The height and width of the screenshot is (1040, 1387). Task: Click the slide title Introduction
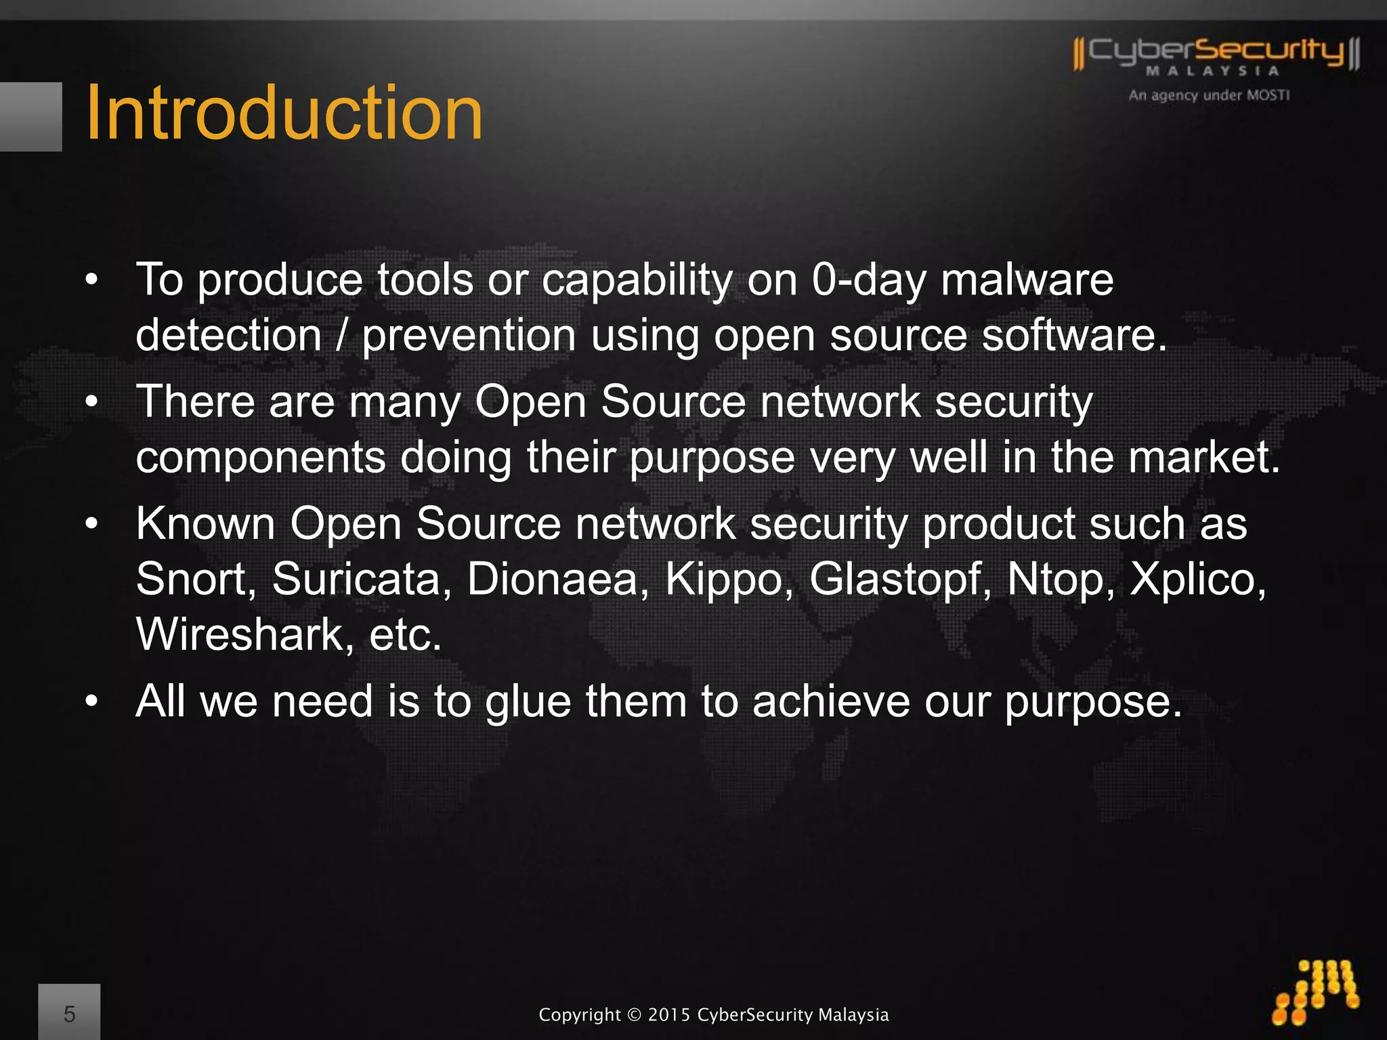point(284,113)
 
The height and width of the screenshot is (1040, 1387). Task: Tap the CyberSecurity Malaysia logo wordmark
point(1216,53)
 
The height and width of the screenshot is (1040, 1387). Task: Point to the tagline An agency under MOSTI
point(1209,95)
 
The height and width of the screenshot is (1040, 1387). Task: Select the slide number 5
point(69,1014)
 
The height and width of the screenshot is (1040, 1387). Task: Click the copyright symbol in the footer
point(634,1015)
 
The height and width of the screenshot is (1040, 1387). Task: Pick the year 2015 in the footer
point(669,1015)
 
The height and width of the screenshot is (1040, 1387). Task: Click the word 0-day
point(869,280)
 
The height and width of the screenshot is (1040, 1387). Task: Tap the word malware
point(1027,280)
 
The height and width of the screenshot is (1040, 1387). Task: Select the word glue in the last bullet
point(528,701)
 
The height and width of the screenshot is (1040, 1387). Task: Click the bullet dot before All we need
point(92,701)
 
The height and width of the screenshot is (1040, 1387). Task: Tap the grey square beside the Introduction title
point(30,116)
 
